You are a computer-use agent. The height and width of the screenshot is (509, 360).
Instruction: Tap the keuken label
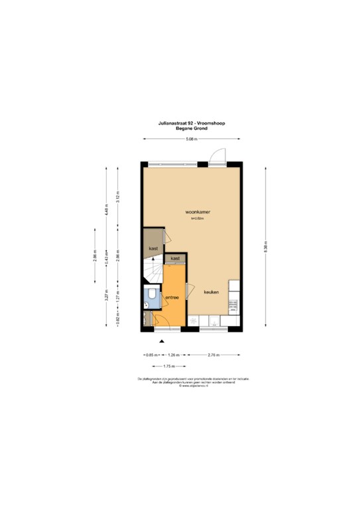click(x=211, y=292)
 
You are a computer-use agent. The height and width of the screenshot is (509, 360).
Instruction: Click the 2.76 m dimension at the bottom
click(x=214, y=355)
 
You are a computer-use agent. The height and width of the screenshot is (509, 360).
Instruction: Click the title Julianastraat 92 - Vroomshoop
click(x=192, y=123)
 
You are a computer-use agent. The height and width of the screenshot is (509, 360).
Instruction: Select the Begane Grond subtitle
click(x=192, y=129)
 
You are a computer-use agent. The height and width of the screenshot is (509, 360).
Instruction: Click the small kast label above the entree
click(x=175, y=258)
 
